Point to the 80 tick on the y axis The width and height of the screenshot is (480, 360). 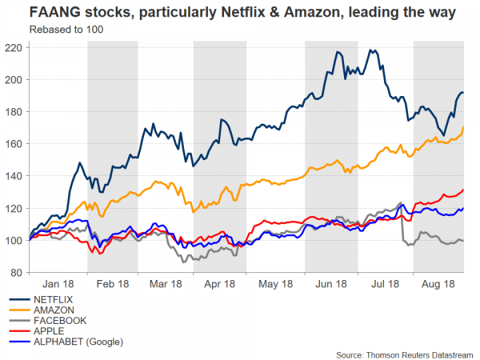click(x=16, y=273)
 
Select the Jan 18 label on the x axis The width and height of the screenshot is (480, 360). click(x=58, y=284)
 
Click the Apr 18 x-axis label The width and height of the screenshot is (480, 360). click(x=218, y=284)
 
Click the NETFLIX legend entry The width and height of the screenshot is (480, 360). click(x=55, y=298)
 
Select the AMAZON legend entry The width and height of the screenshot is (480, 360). click(x=54, y=309)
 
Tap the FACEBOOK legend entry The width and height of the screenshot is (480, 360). click(x=58, y=320)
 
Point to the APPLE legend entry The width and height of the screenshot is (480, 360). click(x=49, y=331)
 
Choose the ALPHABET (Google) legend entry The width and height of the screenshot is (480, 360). click(x=77, y=342)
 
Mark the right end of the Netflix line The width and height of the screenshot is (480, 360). click(x=464, y=93)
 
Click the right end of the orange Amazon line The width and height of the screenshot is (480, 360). click(x=464, y=127)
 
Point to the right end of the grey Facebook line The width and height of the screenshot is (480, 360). click(x=464, y=241)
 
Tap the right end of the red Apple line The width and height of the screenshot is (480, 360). click(x=464, y=190)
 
